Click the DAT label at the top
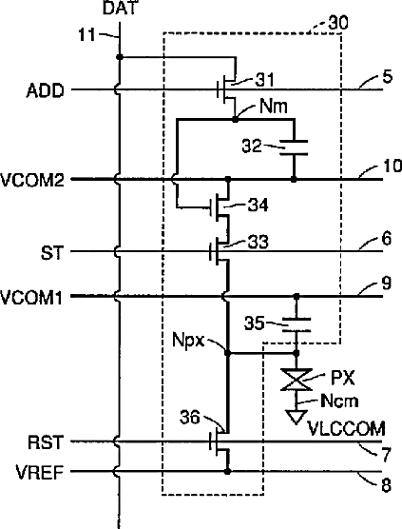pyautogui.click(x=120, y=9)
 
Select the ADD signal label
pyautogui.click(x=46, y=90)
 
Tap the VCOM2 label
pyautogui.click(x=32, y=180)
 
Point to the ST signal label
pyautogui.click(x=52, y=253)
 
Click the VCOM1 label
pyautogui.click(x=31, y=298)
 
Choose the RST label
pyautogui.click(x=46, y=442)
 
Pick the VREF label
pyautogui.click(x=40, y=472)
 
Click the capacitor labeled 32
pyautogui.click(x=295, y=147)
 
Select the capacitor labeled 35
pyautogui.click(x=297, y=324)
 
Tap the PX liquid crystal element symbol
pyautogui.click(x=297, y=380)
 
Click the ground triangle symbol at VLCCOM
pyautogui.click(x=297, y=417)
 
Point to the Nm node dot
pyautogui.click(x=235, y=119)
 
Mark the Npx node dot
pyautogui.click(x=228, y=353)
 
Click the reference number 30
pyautogui.click(x=338, y=23)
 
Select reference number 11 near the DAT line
pyautogui.click(x=86, y=35)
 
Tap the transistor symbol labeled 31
pyautogui.click(x=227, y=89)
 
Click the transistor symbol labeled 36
pyautogui.click(x=220, y=442)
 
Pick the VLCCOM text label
pyautogui.click(x=346, y=429)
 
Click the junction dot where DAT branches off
pyautogui.click(x=120, y=57)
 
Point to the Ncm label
pyautogui.click(x=339, y=402)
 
